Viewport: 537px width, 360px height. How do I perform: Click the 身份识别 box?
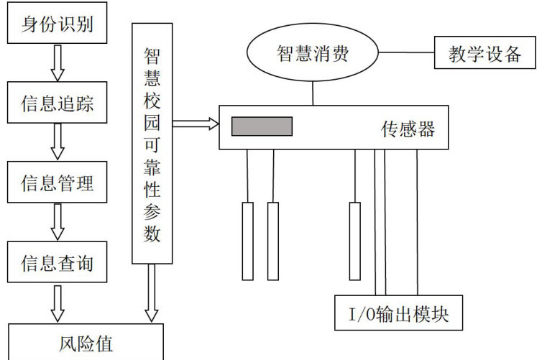(57, 26)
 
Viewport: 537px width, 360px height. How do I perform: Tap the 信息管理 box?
(57, 181)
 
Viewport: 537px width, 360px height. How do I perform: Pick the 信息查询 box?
(57, 262)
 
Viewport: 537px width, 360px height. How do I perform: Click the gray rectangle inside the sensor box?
(262, 126)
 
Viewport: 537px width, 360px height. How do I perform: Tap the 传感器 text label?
(408, 129)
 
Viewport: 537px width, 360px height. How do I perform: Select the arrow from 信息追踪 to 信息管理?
(57, 143)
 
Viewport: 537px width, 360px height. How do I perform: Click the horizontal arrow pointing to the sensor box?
(195, 124)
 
